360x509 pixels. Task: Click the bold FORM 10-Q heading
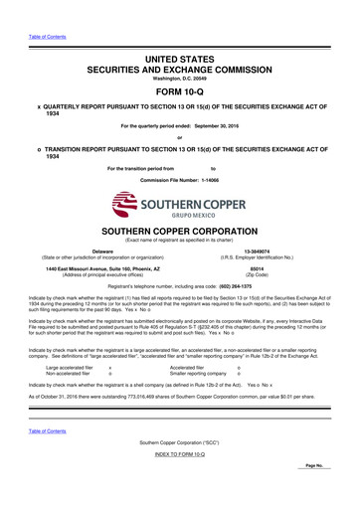click(x=180, y=75)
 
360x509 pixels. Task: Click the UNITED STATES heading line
click(x=180, y=35)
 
